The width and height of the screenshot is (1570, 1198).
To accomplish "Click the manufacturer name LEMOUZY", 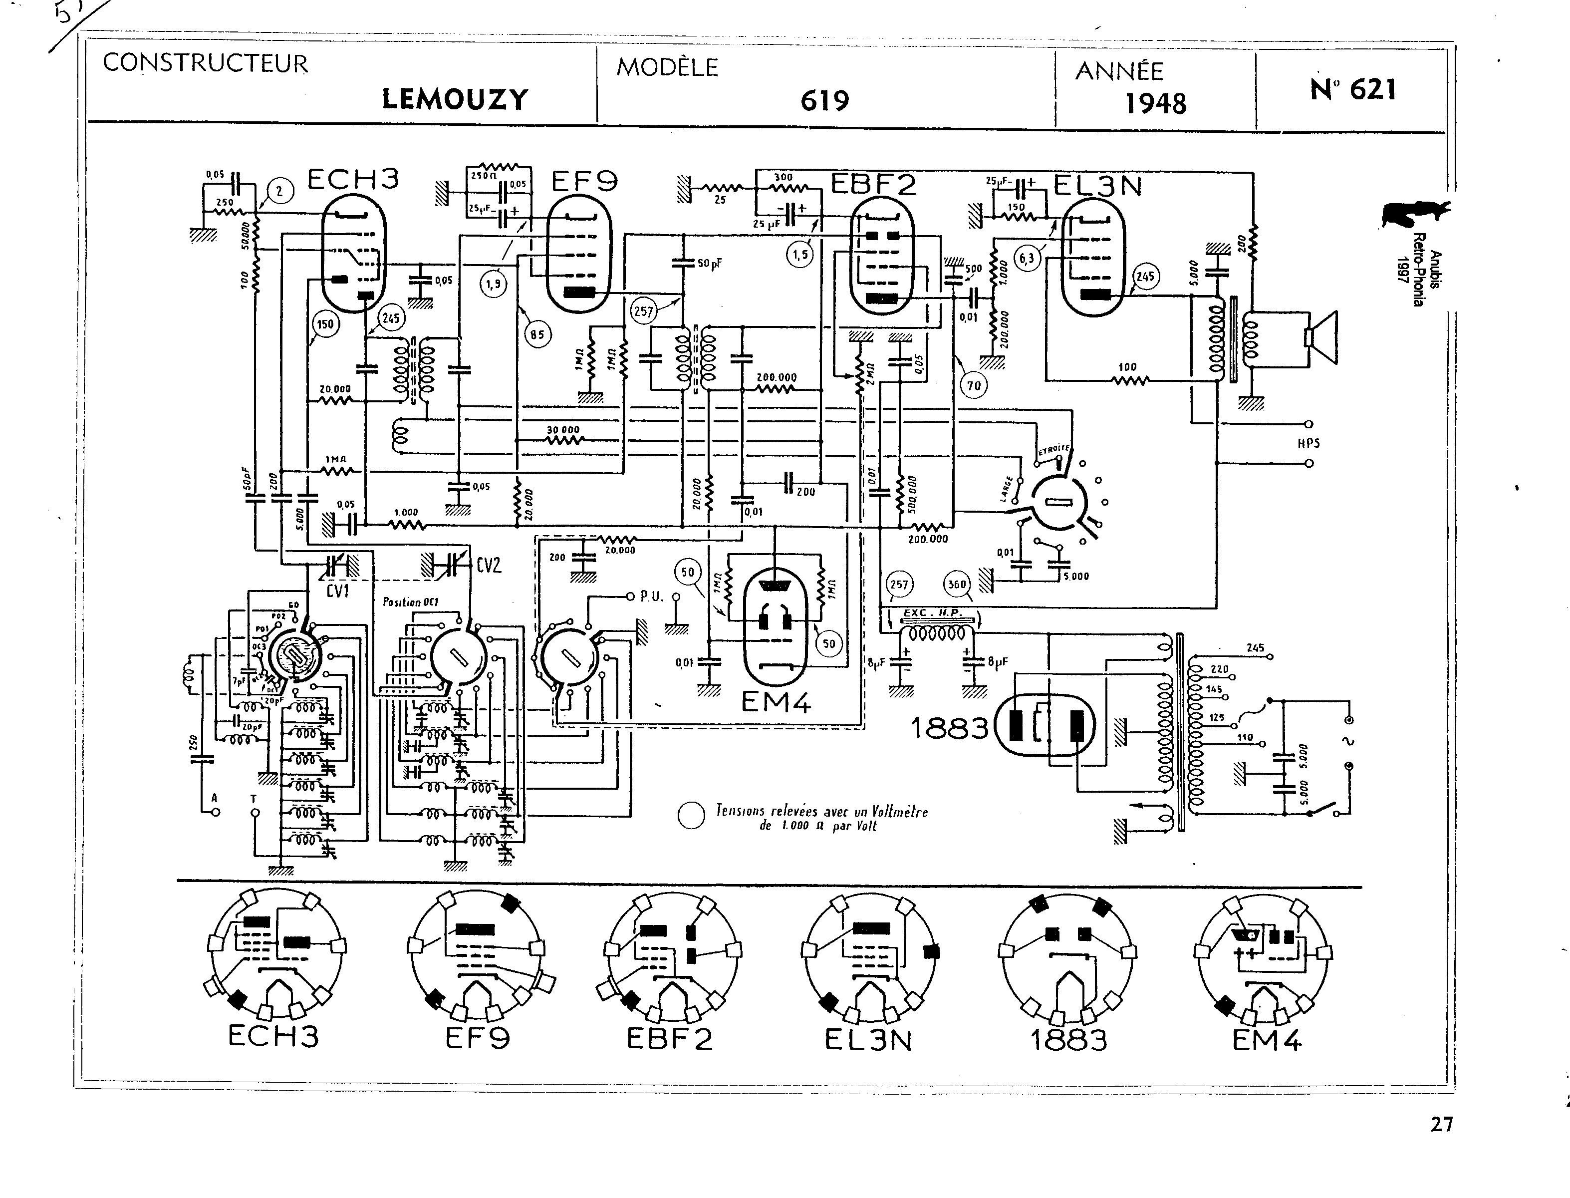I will click(455, 99).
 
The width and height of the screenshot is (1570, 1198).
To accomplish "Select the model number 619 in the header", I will click(825, 100).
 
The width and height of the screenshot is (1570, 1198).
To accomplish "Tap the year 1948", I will click(1155, 104).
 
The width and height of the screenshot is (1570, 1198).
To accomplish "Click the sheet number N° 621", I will click(1352, 90).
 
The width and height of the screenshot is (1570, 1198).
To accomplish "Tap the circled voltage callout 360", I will click(956, 585).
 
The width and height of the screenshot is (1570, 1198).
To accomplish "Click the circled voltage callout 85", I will click(537, 334).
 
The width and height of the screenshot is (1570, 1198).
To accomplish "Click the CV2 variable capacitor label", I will click(489, 566).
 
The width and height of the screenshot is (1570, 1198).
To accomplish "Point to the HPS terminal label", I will click(1308, 444).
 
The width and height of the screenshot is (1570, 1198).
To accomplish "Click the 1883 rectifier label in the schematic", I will click(950, 728).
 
